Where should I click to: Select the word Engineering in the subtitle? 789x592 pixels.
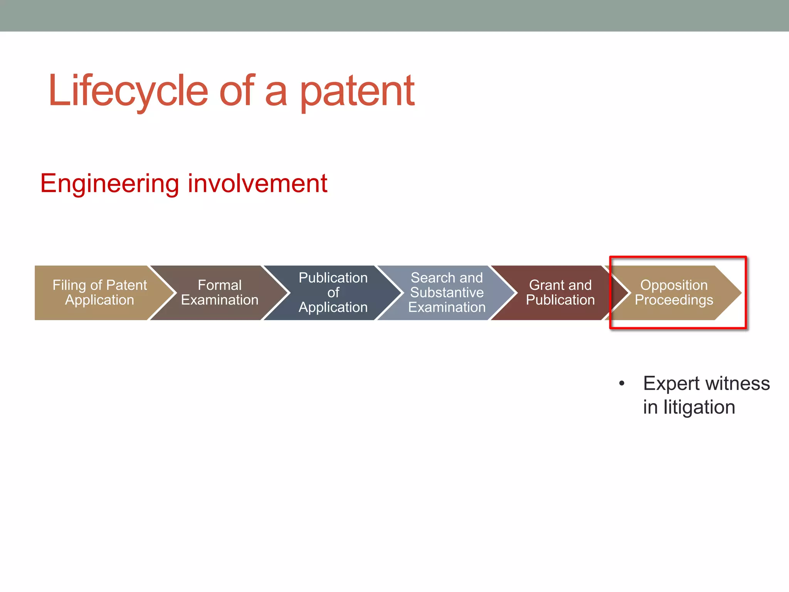pos(109,183)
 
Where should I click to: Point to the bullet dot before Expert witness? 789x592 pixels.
pos(621,384)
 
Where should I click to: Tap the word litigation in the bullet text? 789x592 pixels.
pos(699,407)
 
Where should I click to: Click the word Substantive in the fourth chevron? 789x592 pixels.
pos(447,293)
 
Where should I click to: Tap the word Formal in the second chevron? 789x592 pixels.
pos(220,285)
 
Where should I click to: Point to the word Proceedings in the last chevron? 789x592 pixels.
pos(674,300)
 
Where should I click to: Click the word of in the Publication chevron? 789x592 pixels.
pos(333,293)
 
